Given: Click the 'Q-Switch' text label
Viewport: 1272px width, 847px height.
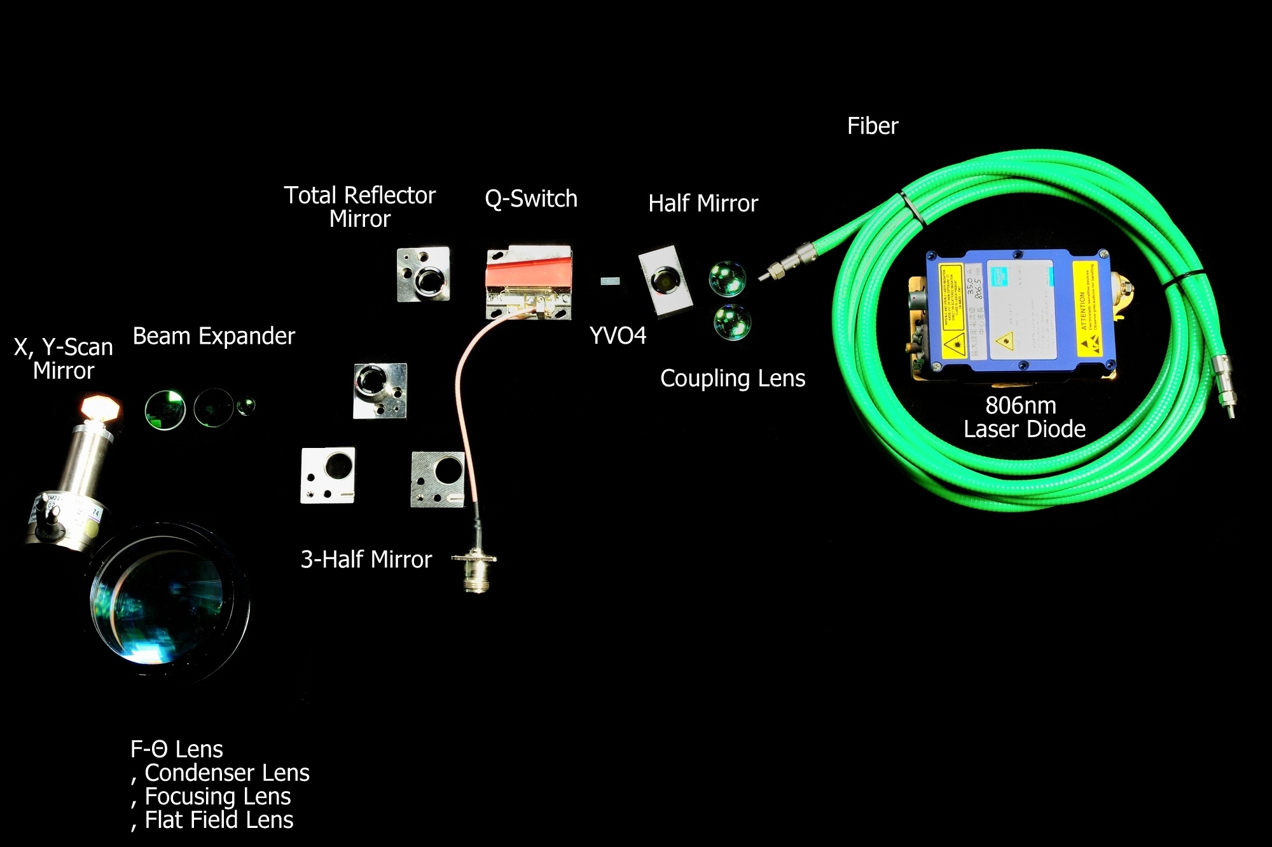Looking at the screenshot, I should (531, 199).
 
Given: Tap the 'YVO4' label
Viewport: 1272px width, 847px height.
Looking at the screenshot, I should (618, 335).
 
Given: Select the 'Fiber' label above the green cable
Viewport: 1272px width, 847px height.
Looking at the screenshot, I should (873, 126).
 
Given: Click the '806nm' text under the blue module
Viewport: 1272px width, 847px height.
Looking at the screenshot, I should (1020, 405).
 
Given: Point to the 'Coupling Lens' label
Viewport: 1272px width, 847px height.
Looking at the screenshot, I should (733, 379).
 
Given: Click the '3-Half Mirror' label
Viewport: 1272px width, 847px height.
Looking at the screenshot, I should (366, 560).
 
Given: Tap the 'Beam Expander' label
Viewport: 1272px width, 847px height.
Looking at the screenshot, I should (214, 336).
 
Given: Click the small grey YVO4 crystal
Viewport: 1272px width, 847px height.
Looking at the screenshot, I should (610, 280).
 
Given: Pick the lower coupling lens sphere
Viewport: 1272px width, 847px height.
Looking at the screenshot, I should (732, 322).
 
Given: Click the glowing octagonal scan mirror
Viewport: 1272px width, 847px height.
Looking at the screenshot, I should (100, 407).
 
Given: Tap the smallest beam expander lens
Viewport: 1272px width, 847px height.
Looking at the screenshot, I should (246, 405).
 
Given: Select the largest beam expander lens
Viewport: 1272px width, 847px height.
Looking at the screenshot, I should (165, 410).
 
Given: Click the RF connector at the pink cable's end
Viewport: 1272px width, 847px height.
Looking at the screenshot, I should (474, 565).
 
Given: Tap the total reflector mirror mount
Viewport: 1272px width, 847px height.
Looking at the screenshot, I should (424, 274).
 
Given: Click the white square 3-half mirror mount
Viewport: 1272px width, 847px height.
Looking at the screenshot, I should (328, 475).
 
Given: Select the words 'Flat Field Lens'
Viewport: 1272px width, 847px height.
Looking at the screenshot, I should (219, 820).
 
